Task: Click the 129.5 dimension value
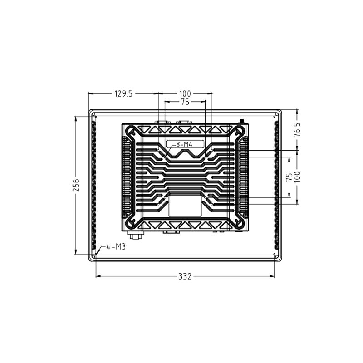coord(123,94)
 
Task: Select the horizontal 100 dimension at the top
coord(185,94)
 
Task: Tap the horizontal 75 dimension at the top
coord(185,103)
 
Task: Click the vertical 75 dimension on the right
coord(289,177)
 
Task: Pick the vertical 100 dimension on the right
coord(297,177)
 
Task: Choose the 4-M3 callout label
coord(116,247)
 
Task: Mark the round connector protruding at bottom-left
coord(134,235)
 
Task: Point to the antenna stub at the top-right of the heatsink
coord(241,122)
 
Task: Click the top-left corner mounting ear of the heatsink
coord(131,132)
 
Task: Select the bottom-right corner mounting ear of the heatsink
coord(239,224)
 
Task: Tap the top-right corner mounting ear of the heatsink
coord(239,132)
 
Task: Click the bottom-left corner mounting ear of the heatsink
coord(131,224)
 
